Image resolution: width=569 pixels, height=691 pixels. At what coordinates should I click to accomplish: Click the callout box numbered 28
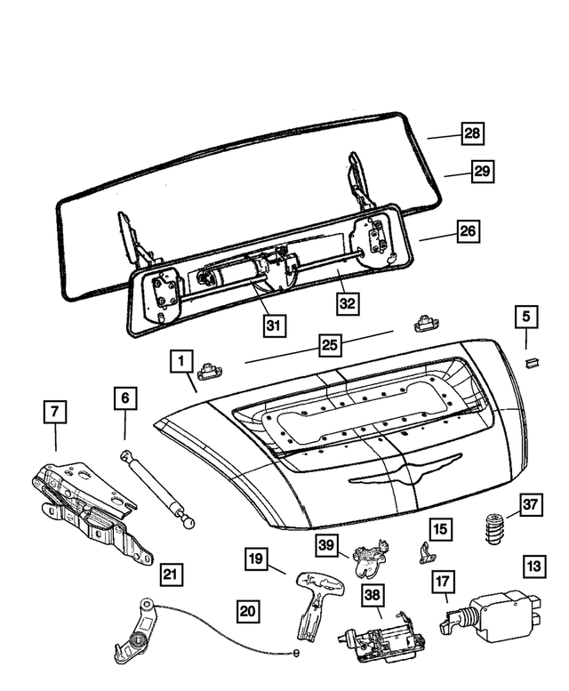point(472,134)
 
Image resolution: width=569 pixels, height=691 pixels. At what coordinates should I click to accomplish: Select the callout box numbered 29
point(481,172)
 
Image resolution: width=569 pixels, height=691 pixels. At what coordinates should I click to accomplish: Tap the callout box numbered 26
point(468,231)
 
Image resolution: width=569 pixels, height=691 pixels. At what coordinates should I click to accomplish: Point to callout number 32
point(348,302)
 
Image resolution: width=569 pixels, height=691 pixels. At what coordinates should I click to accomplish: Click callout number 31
point(274,325)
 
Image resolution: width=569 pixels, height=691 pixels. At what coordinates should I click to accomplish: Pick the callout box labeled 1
point(180,361)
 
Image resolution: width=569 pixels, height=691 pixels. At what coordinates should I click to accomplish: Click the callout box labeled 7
point(55,413)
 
